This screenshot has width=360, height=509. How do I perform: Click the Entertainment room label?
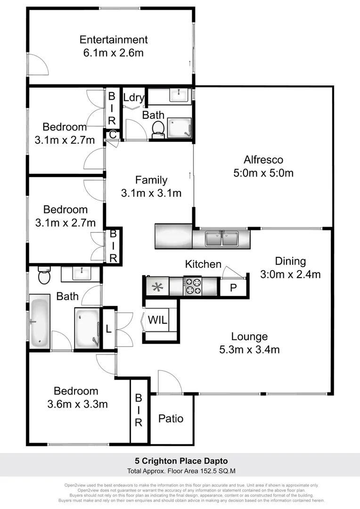(x=113, y=40)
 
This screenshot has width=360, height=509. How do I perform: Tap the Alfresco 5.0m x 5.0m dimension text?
(x=263, y=173)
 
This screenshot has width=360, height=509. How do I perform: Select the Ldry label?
(x=133, y=98)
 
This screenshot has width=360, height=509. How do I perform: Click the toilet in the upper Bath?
(x=158, y=128)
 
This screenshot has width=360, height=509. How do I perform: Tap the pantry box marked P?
(x=233, y=287)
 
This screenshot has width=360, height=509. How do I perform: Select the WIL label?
(x=158, y=320)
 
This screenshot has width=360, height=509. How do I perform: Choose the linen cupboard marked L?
(x=108, y=329)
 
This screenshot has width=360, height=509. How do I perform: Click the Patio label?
(x=171, y=419)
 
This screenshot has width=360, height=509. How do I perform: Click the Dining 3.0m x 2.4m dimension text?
(x=290, y=274)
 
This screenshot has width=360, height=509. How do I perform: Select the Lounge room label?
(x=249, y=337)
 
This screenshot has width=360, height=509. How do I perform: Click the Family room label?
(x=151, y=180)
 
